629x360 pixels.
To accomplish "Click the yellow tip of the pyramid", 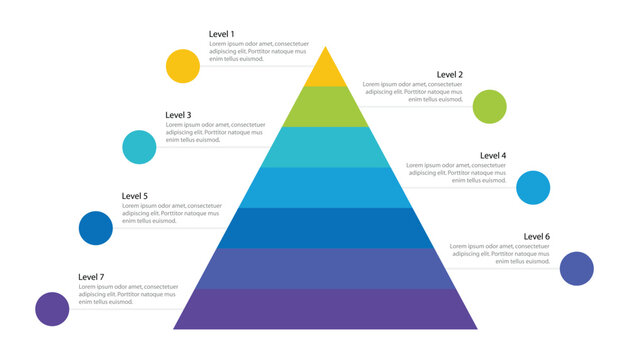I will point(325,72).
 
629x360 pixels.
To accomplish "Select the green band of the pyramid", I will point(325,107).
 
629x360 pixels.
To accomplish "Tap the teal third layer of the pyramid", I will point(325,147).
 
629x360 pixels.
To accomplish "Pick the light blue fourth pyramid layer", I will point(325,188).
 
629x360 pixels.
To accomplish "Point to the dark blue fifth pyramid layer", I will point(325,228).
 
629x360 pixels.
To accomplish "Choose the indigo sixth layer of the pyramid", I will point(325,269).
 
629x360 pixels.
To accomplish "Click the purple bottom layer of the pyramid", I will point(325,309).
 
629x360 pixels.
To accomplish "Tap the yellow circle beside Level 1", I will point(183,65).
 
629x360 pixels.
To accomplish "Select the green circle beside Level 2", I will point(489,106).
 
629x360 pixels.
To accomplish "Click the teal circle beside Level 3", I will point(139,147).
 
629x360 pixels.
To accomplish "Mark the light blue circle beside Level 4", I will point(533,188).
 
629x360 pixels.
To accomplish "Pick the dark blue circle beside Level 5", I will point(96,228).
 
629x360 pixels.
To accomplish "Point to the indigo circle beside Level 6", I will point(576,269).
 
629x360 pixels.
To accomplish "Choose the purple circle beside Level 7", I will point(52,309).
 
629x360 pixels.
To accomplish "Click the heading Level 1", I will point(222,35).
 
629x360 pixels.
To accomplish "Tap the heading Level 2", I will point(450,75).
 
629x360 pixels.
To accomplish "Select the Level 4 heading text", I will point(493,156).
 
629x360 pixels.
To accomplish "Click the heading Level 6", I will point(537,237).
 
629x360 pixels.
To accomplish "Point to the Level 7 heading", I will point(91,277).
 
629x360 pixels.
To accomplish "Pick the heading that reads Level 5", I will point(135,196).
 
